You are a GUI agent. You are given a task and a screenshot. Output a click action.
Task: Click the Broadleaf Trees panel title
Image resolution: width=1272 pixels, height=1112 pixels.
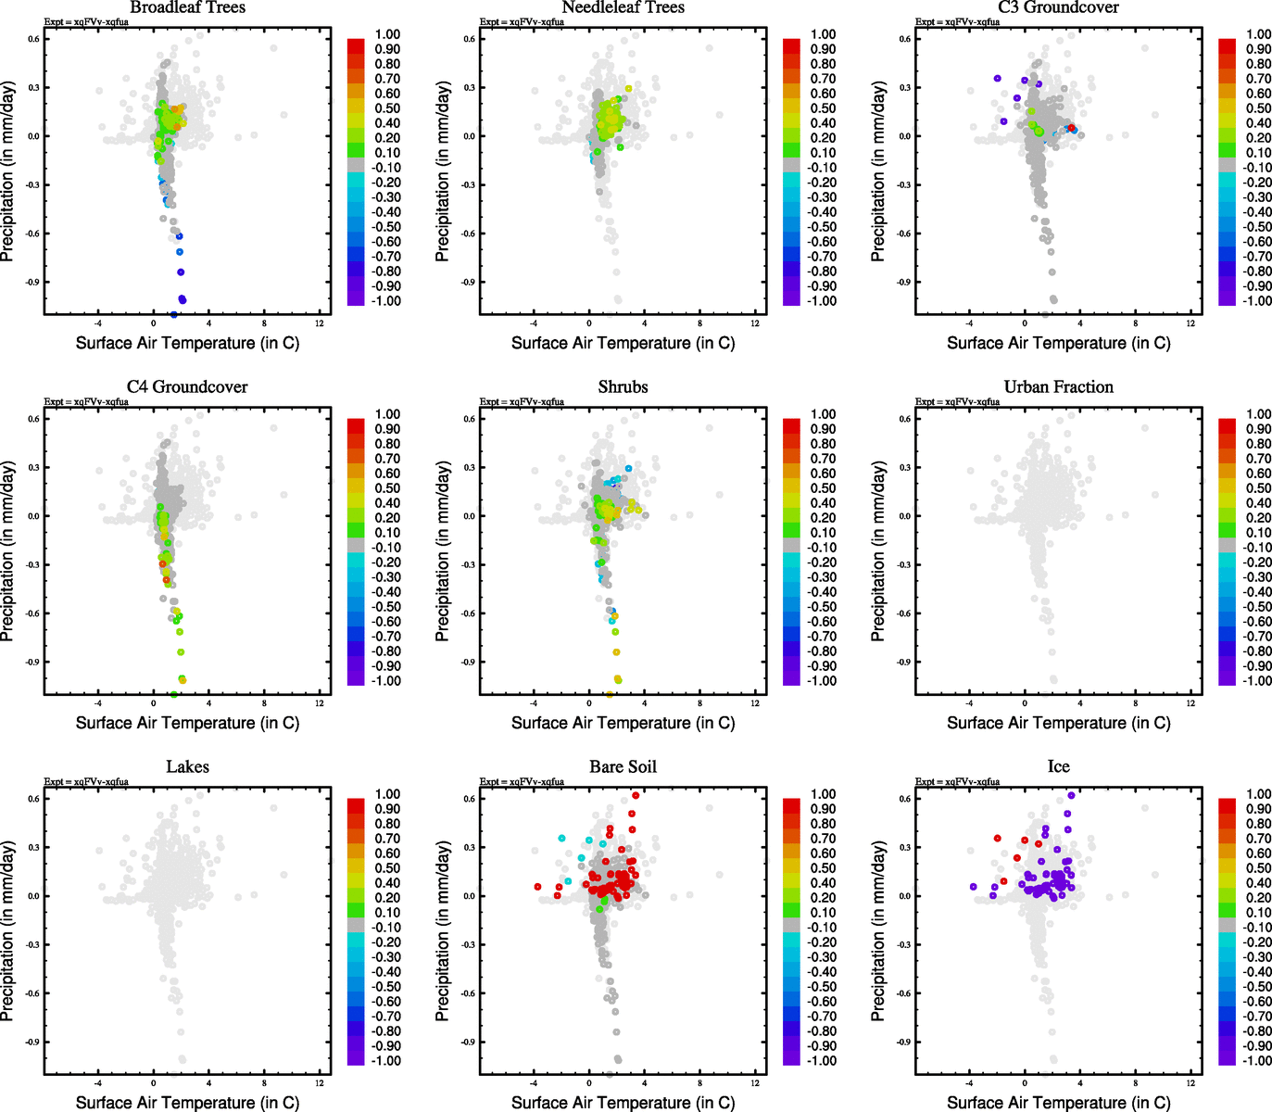(x=187, y=7)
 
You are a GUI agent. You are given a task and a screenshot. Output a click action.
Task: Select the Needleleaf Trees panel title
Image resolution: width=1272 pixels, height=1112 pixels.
(x=623, y=7)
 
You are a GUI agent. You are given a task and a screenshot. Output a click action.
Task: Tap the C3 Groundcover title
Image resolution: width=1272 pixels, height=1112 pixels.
(x=1058, y=7)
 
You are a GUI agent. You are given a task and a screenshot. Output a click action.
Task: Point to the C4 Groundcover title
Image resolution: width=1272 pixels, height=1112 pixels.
(x=187, y=386)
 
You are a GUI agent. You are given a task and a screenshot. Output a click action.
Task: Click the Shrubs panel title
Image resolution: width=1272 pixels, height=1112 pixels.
(x=623, y=386)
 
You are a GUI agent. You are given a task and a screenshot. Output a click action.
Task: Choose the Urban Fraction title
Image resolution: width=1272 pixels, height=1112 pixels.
(x=1058, y=386)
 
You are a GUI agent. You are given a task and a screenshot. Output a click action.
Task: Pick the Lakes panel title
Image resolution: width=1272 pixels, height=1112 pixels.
(x=187, y=766)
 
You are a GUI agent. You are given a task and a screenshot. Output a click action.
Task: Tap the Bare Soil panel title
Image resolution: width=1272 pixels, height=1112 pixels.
(x=623, y=766)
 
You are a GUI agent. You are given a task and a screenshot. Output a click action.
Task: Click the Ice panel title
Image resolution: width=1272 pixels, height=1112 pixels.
(x=1058, y=766)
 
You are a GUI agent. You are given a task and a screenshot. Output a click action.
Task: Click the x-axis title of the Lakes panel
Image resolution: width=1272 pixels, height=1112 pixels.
(x=187, y=1102)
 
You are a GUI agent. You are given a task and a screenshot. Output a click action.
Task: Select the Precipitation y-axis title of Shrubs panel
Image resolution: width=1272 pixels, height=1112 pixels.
(x=442, y=551)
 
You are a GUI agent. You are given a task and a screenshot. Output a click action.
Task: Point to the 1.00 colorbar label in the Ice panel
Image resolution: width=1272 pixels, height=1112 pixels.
(x=1258, y=794)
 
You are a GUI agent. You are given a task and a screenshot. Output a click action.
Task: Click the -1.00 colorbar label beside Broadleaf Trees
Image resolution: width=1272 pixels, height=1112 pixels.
(x=386, y=301)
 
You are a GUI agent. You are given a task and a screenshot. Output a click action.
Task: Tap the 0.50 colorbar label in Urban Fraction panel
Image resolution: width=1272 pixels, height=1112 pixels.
(x=1258, y=488)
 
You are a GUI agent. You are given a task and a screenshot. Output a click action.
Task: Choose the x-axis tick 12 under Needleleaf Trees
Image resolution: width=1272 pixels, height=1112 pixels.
(x=755, y=323)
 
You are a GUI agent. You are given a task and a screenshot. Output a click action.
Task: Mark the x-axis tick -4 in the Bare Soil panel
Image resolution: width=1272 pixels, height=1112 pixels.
(x=534, y=1083)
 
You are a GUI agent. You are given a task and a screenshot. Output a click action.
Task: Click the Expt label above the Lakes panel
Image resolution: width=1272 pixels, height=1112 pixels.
(x=86, y=782)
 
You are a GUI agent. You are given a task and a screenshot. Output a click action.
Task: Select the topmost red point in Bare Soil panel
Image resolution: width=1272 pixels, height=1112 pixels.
(x=636, y=795)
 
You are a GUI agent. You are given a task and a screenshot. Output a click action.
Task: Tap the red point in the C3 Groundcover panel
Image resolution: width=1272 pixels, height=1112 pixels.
(x=1071, y=128)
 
